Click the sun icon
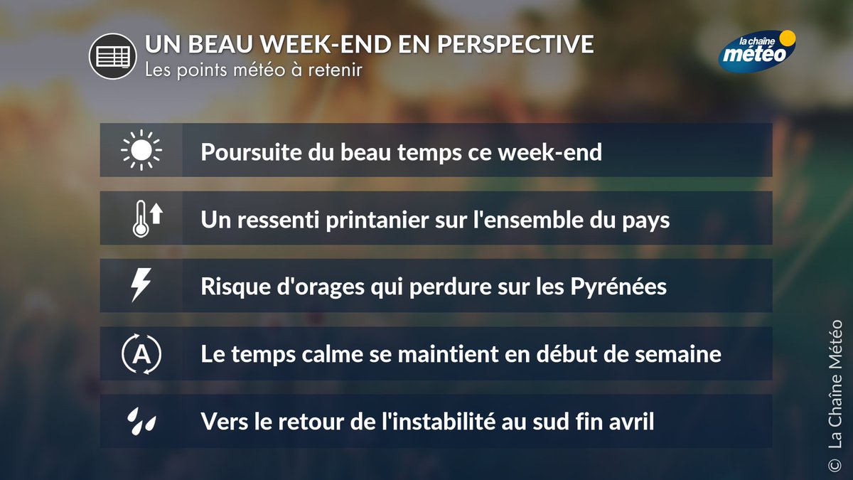click(x=141, y=150)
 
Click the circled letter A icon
click(x=141, y=353)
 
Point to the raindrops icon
click(x=141, y=421)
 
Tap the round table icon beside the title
click(x=112, y=55)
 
